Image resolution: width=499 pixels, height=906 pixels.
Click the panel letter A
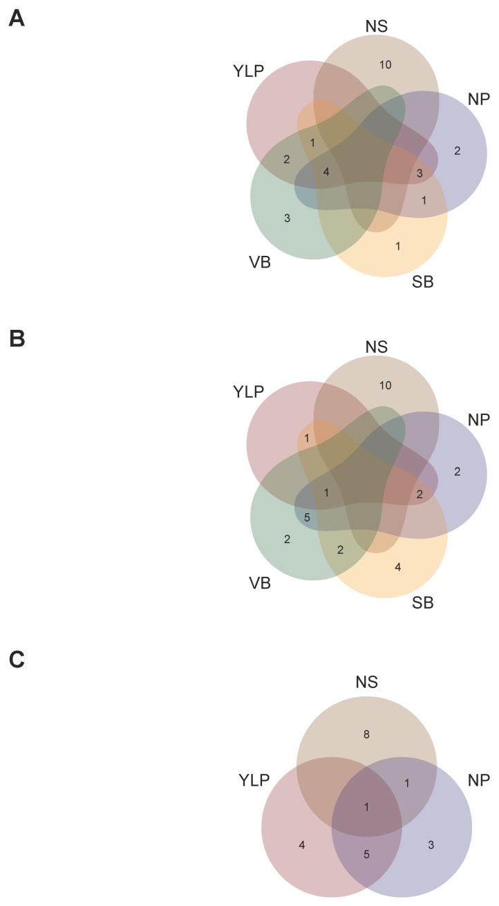17,19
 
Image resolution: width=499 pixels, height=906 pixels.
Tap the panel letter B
17,340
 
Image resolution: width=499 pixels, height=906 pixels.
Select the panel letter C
17,660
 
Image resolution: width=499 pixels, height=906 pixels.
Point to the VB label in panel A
260,262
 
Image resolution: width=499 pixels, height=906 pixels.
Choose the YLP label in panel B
249,392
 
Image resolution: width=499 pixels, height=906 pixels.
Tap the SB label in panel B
422,602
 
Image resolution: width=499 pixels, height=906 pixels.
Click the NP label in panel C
478,780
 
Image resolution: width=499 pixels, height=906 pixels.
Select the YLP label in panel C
254,781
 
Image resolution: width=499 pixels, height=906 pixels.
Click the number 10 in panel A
386,65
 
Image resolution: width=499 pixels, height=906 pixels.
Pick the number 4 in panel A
326,172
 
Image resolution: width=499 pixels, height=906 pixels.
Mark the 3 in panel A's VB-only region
287,219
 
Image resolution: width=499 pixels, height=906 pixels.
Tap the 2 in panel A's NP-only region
457,150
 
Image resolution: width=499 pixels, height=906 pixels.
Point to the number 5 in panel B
307,517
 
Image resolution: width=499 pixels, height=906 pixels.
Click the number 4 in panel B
397,567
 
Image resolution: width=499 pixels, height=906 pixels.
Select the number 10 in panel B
386,385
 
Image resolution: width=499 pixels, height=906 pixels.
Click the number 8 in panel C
366,734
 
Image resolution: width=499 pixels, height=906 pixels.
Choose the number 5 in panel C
366,854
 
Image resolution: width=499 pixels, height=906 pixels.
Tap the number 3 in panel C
431,844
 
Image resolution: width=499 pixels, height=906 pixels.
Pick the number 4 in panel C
302,844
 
